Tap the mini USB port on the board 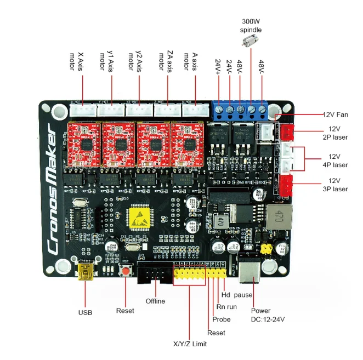pos(85,272)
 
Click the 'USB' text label pos(85,313)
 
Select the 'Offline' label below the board pos(155,301)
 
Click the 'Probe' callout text pos(222,319)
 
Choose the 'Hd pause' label pos(237,295)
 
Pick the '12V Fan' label pos(335,115)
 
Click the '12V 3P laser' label pos(334,185)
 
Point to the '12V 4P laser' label pos(334,160)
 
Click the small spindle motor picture pos(251,39)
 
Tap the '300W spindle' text pos(251,25)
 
